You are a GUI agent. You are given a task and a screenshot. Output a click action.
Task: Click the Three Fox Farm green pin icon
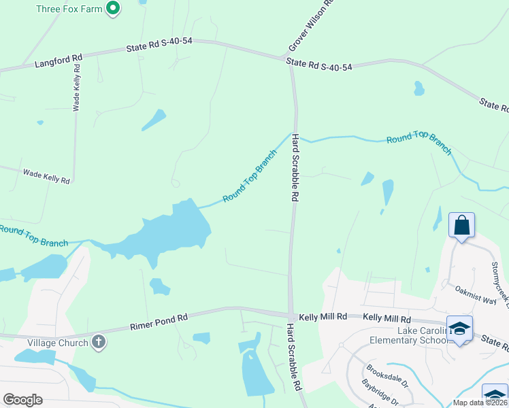pos(114,9)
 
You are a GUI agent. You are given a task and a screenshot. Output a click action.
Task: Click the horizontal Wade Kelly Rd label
pos(46,177)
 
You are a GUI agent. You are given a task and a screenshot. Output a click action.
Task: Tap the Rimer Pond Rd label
pos(159,322)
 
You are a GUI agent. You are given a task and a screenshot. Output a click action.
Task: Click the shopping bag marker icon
pos(461,225)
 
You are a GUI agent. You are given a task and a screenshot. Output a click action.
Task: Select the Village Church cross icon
pos(99,342)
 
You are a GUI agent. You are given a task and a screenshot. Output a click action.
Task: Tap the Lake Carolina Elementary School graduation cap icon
pos(460,328)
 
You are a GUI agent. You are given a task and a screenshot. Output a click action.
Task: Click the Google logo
pos(23,400)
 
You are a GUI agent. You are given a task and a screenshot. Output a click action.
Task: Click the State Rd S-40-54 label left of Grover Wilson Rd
pos(160,45)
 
